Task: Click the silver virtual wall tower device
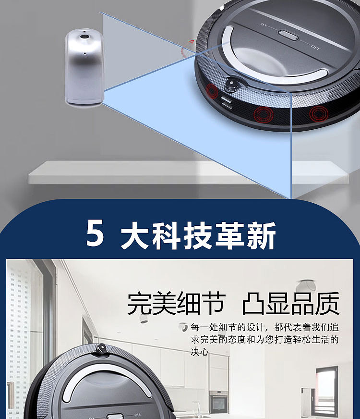84,67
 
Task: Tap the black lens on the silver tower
85,37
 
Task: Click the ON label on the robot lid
264,25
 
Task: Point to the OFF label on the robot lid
315,48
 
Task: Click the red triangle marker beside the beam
191,42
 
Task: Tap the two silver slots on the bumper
226,103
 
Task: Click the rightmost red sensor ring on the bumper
319,114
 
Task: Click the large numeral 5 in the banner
95,233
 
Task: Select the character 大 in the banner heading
134,235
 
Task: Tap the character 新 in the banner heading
261,235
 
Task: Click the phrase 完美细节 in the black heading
176,304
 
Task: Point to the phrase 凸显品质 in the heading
290,304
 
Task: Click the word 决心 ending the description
200,352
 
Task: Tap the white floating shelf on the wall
189,173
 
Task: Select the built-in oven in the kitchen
218,402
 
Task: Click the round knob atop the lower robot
101,349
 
